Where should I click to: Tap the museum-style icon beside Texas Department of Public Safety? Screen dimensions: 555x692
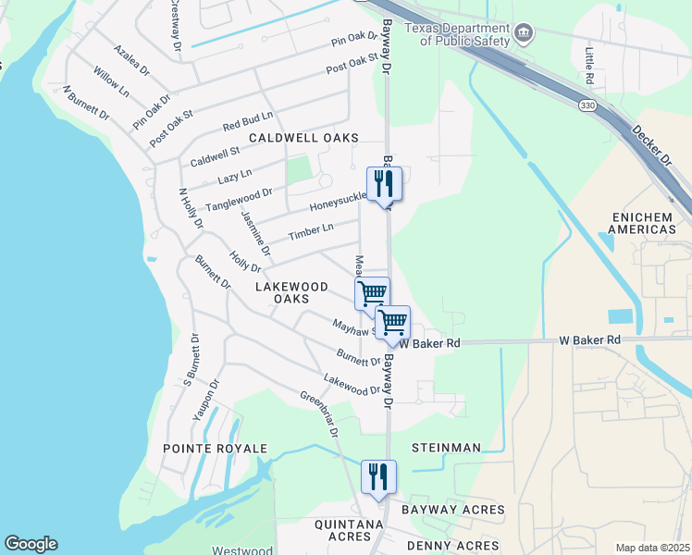(524, 35)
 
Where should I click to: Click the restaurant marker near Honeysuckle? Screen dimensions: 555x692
(381, 183)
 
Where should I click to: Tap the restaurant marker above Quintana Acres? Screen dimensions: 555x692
(377, 477)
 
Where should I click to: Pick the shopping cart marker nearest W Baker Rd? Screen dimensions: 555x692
(393, 322)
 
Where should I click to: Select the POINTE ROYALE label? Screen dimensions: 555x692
(215, 449)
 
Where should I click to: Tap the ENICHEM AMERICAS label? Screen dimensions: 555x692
(645, 222)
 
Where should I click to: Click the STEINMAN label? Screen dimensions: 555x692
(447, 448)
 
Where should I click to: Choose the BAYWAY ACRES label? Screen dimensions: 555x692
(452, 510)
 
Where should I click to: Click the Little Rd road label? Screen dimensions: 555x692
(589, 64)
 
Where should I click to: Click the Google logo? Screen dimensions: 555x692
(31, 544)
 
